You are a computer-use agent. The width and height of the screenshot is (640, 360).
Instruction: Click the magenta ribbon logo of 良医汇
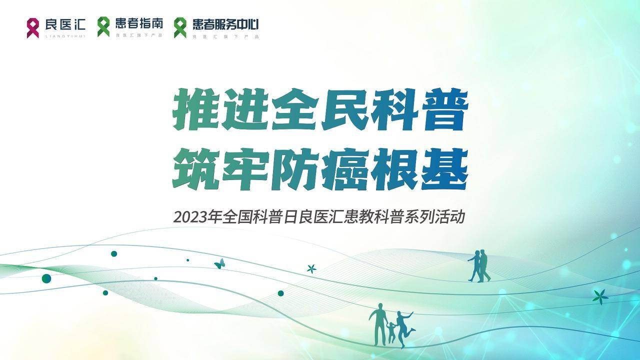(x=32, y=28)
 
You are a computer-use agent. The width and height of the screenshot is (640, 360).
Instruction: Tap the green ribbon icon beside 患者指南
(x=103, y=27)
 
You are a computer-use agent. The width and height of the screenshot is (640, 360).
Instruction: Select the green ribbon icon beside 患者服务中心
(x=180, y=27)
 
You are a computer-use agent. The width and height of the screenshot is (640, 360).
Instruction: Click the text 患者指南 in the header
(x=139, y=23)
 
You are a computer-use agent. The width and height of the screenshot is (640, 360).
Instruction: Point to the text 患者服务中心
(x=225, y=24)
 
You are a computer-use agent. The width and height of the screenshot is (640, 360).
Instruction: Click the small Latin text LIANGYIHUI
(x=65, y=36)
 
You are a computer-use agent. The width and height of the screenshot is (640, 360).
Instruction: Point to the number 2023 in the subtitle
(x=190, y=217)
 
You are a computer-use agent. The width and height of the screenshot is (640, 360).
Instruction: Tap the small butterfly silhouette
(x=220, y=263)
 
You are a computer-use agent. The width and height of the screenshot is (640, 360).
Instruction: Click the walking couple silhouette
(x=479, y=266)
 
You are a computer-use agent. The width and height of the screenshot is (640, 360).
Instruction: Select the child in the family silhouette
(x=391, y=332)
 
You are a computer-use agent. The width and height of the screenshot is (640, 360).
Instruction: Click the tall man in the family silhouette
(x=378, y=324)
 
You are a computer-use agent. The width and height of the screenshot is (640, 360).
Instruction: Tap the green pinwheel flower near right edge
(x=600, y=297)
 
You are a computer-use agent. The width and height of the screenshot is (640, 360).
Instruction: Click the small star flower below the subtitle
(x=311, y=269)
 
